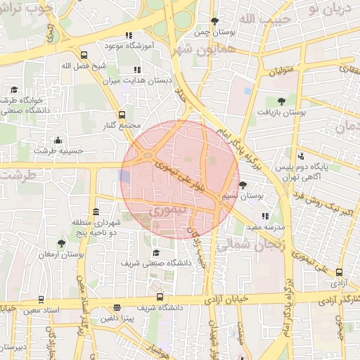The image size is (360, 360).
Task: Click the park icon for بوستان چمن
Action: (x=214, y=21)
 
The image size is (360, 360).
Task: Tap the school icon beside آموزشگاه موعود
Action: (x=129, y=35)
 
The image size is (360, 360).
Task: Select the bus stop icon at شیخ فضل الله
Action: (x=84, y=55)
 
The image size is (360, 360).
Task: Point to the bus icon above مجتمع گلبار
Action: (x=122, y=114)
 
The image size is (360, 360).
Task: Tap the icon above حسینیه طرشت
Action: (x=58, y=139)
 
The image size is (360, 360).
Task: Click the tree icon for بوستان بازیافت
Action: (x=281, y=101)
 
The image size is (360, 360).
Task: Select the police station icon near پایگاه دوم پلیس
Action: (x=301, y=155)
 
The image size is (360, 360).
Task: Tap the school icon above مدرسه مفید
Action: (x=264, y=216)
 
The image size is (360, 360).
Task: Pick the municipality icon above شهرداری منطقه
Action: (x=96, y=212)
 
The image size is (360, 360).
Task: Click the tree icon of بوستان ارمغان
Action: (x=61, y=243)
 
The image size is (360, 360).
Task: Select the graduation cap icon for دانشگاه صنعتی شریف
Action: (x=155, y=252)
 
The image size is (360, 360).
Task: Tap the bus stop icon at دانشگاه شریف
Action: (x=160, y=297)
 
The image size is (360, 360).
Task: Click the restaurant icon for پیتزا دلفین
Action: (x=117, y=307)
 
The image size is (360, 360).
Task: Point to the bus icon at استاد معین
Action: (x=41, y=300)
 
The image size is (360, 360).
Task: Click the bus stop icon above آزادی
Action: (x=340, y=272)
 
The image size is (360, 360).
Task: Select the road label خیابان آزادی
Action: (x=228, y=298)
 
